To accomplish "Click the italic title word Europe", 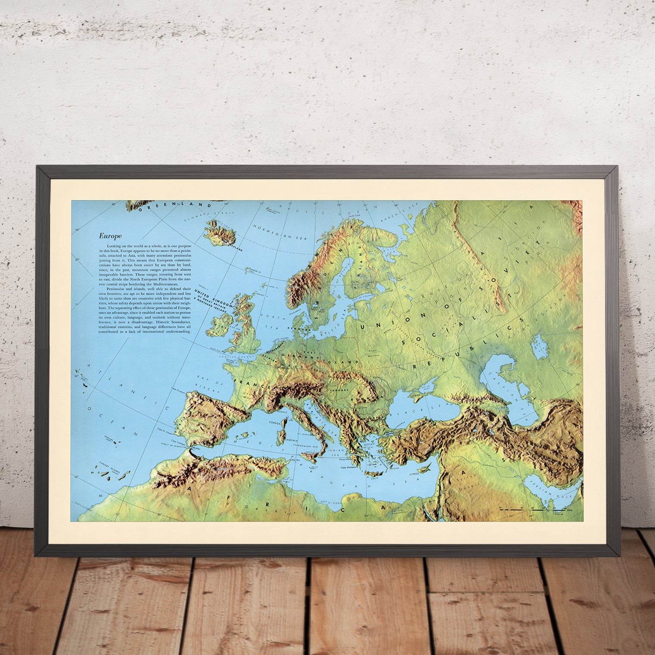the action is [x=110, y=236].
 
